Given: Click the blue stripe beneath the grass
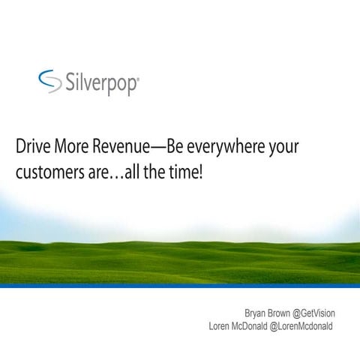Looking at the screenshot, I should (180, 286).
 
